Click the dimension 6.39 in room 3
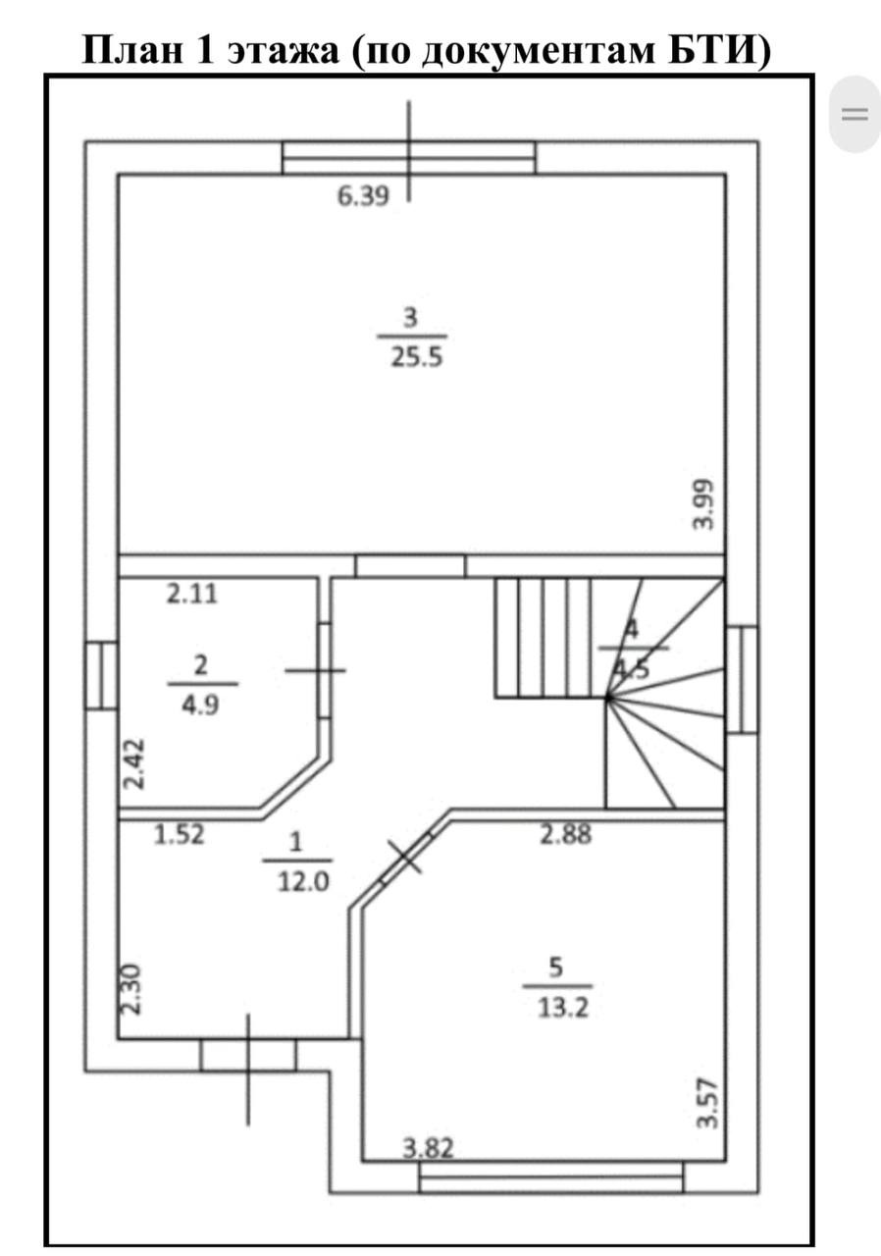(x=363, y=196)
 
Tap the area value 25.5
(x=416, y=356)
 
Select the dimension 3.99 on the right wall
(x=703, y=504)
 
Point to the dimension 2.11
(x=191, y=594)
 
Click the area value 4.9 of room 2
(x=200, y=705)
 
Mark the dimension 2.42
(x=134, y=763)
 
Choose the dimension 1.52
(x=180, y=834)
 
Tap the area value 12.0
(x=303, y=882)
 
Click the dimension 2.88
(x=565, y=834)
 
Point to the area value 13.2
(x=563, y=1008)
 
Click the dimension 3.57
(x=706, y=1103)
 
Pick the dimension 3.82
(x=428, y=1148)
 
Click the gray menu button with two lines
(x=855, y=115)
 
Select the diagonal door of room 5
(x=407, y=858)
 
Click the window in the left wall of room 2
(x=101, y=676)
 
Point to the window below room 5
(x=551, y=1177)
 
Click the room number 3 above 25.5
(x=411, y=318)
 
